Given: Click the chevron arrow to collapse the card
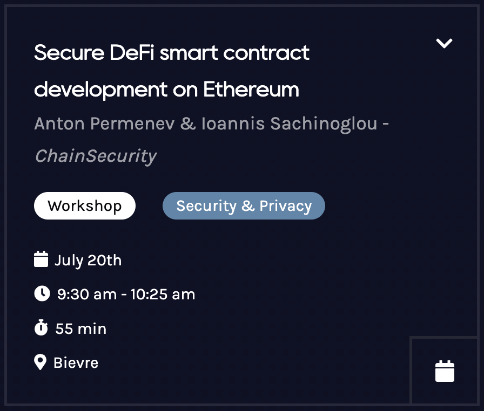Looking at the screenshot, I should coord(444,44).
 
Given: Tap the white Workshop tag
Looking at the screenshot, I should coord(85,206).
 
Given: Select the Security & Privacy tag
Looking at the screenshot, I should coord(244,206).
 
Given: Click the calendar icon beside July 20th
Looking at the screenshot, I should coord(41,260).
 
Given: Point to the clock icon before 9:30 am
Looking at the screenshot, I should coord(42,294).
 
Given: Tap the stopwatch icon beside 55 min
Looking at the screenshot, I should coord(41,328).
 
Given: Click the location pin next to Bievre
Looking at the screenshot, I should coord(40,362).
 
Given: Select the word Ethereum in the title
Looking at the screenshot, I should coord(251,89).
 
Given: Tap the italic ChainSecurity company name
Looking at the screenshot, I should coord(95,156).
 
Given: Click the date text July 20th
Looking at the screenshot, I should coord(88,261).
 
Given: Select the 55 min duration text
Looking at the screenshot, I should coord(81,328).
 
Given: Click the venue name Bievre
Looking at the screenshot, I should coord(76,362).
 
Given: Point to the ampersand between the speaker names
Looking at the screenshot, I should coord(187,124).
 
